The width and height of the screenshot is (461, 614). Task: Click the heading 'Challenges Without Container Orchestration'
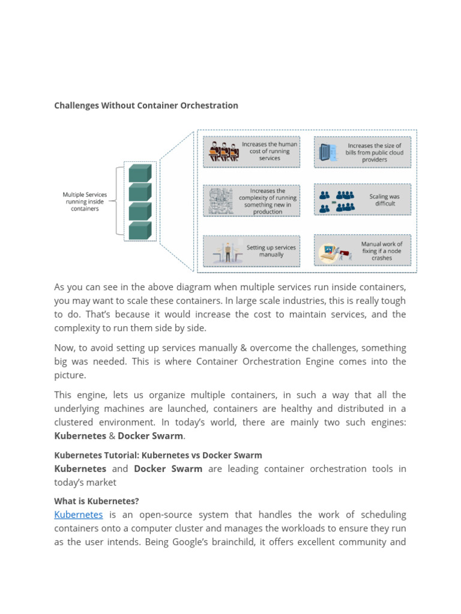pyautogui.click(x=146, y=106)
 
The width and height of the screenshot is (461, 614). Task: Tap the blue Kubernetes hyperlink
pyautogui.click(x=79, y=514)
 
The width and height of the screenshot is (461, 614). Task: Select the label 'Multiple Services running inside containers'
pyautogui.click(x=85, y=201)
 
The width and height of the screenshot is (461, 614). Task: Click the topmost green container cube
pyautogui.click(x=140, y=173)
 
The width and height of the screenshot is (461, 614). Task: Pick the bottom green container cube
pyautogui.click(x=140, y=230)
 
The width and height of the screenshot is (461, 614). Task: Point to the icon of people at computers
pyautogui.click(x=220, y=152)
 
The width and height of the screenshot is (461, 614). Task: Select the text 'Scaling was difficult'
pyautogui.click(x=384, y=200)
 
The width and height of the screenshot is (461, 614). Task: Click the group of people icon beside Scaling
pyautogui.click(x=337, y=200)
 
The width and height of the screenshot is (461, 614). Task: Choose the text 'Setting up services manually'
pyautogui.click(x=271, y=251)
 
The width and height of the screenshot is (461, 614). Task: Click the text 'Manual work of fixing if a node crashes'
pyautogui.click(x=382, y=251)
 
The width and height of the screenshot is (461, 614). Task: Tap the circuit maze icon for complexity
pyautogui.click(x=220, y=201)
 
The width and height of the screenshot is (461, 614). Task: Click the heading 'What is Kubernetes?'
pyautogui.click(x=96, y=501)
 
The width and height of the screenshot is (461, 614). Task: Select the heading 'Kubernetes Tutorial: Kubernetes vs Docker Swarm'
pyautogui.click(x=158, y=455)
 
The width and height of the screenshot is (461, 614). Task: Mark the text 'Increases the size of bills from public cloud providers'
pyautogui.click(x=374, y=152)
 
